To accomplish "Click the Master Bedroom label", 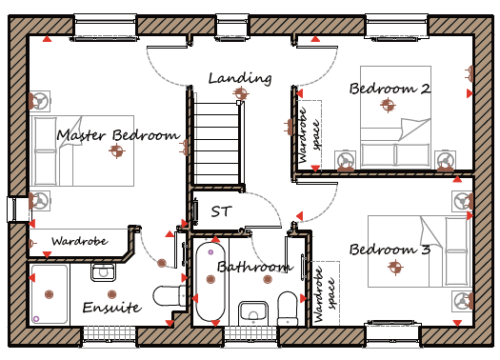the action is click(x=118, y=135).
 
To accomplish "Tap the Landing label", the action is click(x=240, y=79).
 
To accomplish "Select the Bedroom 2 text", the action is click(x=390, y=89).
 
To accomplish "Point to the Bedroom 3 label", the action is click(x=390, y=249).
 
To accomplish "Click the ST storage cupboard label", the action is click(x=221, y=211).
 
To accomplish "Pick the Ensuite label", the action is click(x=112, y=307).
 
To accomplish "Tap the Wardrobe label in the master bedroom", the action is click(x=80, y=241).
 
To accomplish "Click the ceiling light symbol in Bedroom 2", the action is click(x=388, y=105).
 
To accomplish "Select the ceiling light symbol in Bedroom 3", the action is click(x=395, y=267).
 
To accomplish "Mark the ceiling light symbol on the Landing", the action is click(x=241, y=93).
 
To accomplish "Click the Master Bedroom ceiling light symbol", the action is click(x=116, y=151).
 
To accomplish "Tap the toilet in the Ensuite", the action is click(x=169, y=296).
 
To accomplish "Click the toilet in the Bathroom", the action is click(x=287, y=308).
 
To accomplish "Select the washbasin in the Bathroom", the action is click(x=253, y=313).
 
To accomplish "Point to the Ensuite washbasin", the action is click(x=103, y=272).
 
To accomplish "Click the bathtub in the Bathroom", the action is click(x=210, y=282).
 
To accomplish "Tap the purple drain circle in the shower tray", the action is click(x=36, y=319).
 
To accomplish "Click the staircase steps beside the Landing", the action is click(x=216, y=143).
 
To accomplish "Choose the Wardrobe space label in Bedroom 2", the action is click(x=309, y=135).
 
